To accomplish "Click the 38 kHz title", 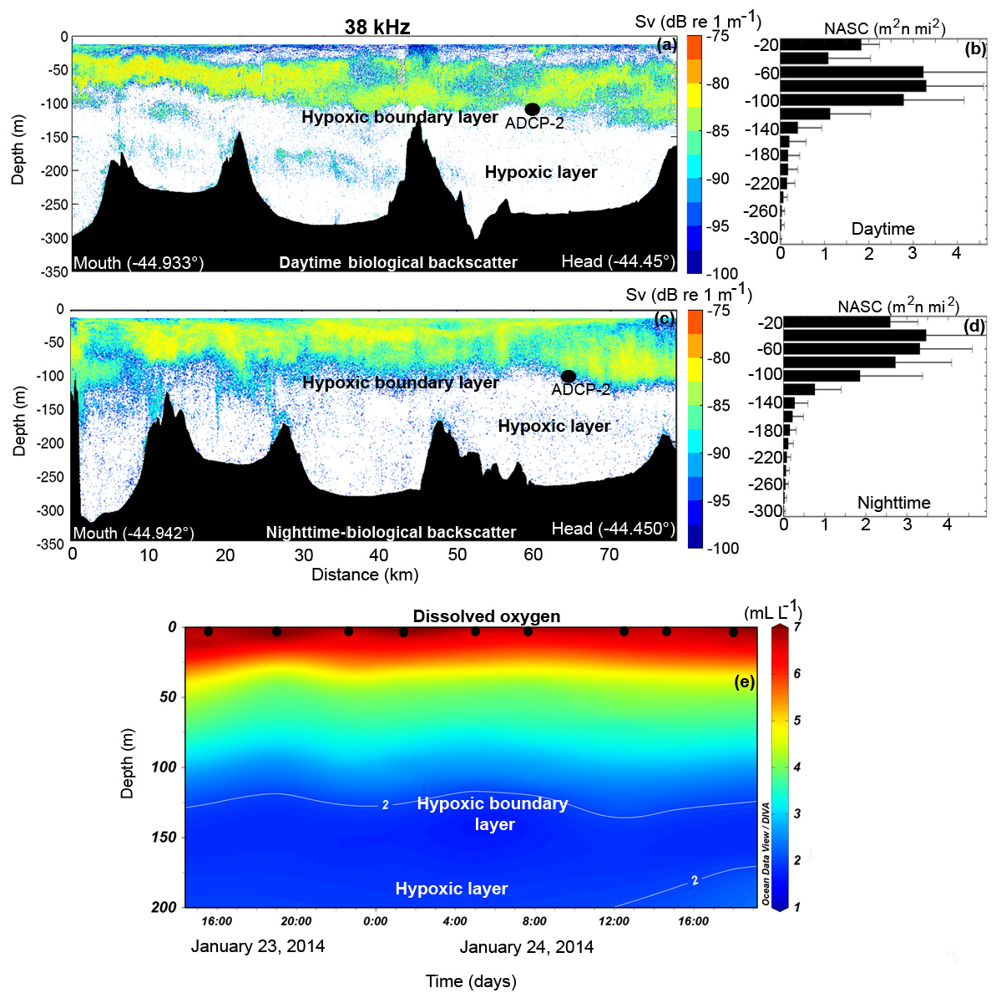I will (377, 27).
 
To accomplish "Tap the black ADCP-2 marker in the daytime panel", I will (533, 109).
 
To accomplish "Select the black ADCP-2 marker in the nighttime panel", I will (569, 376).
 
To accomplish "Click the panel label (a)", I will (667, 45).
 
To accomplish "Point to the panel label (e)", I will (744, 681).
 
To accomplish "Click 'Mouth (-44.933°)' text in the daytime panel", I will (139, 262).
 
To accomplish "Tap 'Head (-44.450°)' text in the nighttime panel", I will (614, 529).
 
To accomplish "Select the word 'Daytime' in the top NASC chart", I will (882, 229).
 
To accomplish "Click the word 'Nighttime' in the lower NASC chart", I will (893, 503).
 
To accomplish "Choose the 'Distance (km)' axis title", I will (365, 575).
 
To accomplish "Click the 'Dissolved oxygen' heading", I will (487, 616).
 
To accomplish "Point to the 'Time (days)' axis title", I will (471, 980).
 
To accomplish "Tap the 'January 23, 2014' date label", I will (258, 946).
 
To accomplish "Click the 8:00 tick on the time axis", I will (534, 921).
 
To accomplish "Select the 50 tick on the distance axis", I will (458, 555).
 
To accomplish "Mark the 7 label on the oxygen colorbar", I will (796, 627).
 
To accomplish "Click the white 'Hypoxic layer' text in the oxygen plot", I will (452, 889).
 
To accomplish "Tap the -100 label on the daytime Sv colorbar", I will (722, 274).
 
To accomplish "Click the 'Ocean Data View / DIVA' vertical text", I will (766, 854).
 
